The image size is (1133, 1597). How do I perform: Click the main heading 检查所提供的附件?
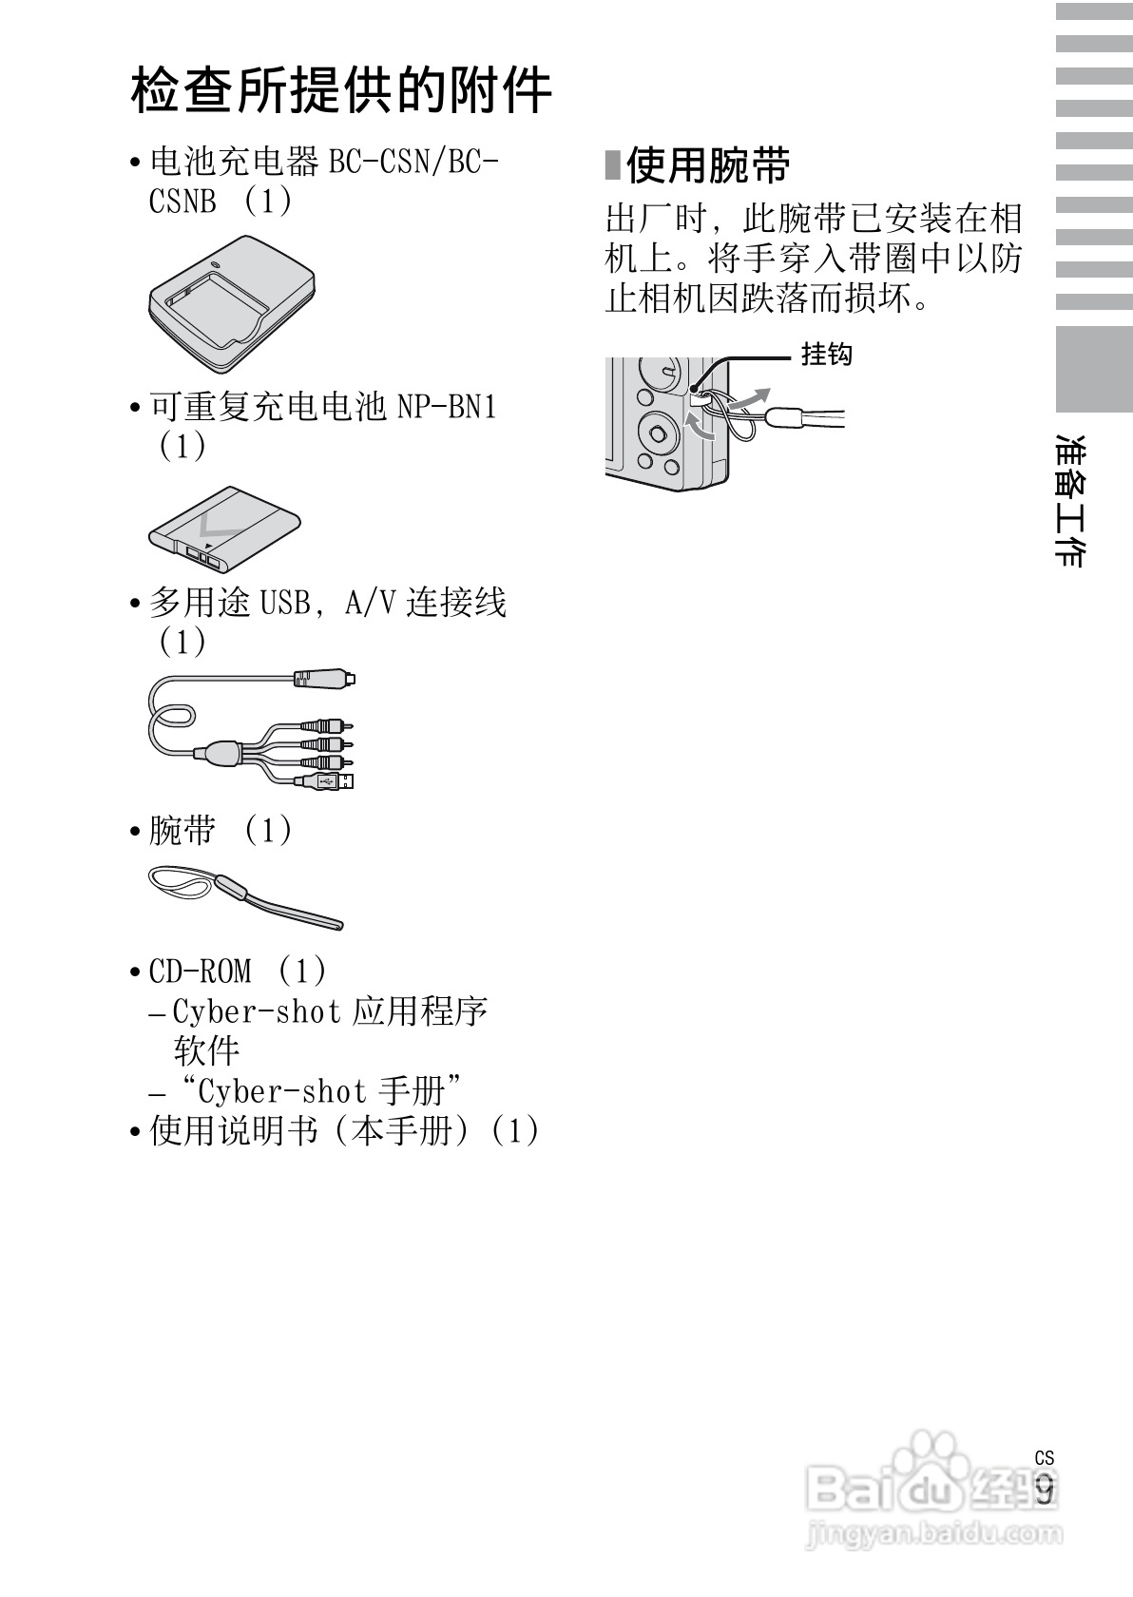341,91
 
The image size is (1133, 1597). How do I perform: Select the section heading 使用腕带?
708,166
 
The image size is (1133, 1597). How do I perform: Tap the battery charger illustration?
231,304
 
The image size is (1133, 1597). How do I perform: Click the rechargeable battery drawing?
224,529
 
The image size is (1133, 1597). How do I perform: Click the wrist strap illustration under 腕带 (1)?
244,895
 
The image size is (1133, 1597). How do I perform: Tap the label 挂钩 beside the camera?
826,355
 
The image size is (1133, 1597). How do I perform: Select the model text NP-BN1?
447,408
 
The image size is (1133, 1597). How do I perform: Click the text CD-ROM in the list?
201,972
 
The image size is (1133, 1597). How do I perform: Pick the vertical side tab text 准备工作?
1071,501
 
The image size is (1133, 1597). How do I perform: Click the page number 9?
1045,1489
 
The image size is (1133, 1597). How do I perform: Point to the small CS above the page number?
1045,1458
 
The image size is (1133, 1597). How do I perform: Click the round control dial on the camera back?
655,433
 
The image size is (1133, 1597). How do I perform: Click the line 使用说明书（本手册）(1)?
344,1131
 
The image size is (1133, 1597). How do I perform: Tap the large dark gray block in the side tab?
1094,369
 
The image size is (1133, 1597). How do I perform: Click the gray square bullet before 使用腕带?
613,165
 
